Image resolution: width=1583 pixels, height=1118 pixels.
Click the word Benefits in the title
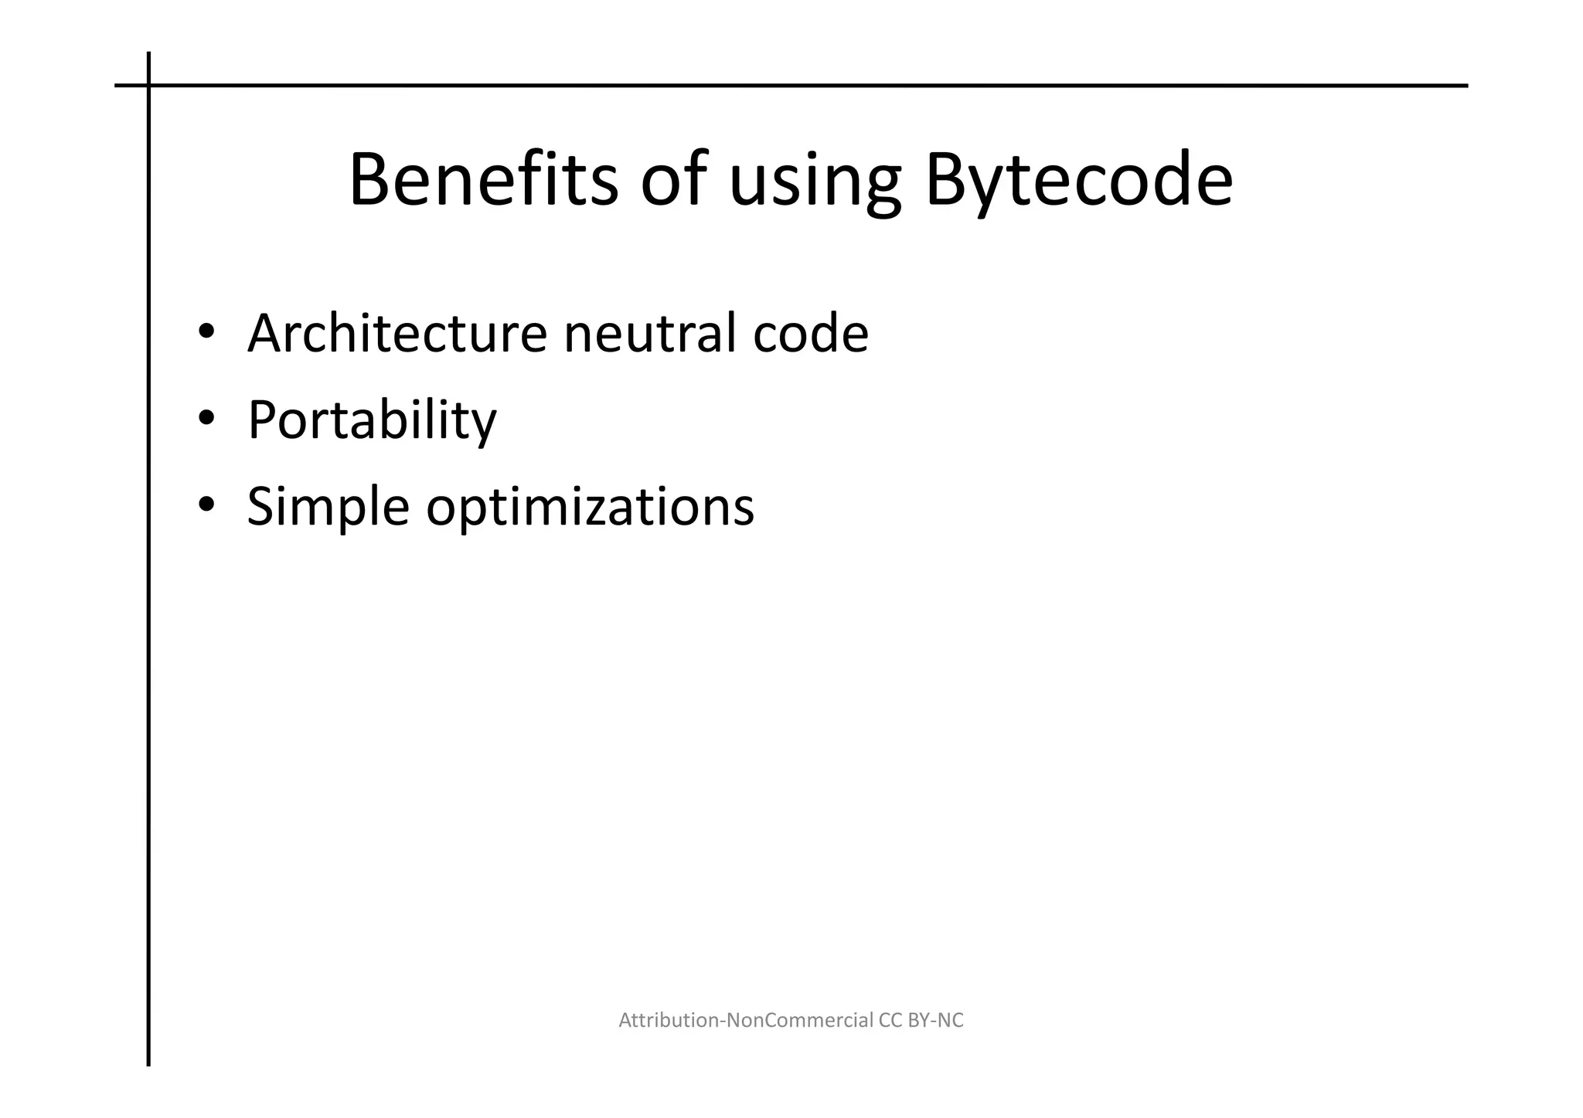point(483,180)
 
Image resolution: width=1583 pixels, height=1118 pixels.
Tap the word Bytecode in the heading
point(1078,180)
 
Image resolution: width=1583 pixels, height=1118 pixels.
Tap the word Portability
point(372,420)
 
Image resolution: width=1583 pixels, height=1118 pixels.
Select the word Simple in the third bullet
point(328,508)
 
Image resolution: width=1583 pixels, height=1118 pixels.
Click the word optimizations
point(590,508)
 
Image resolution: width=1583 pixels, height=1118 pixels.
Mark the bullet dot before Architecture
point(206,332)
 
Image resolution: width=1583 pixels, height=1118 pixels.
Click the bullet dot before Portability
point(206,419)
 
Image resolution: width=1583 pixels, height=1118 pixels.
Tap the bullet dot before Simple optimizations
point(206,505)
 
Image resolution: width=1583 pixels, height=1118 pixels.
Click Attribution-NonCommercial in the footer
point(746,1021)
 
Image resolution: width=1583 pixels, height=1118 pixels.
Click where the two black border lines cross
point(148,86)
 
